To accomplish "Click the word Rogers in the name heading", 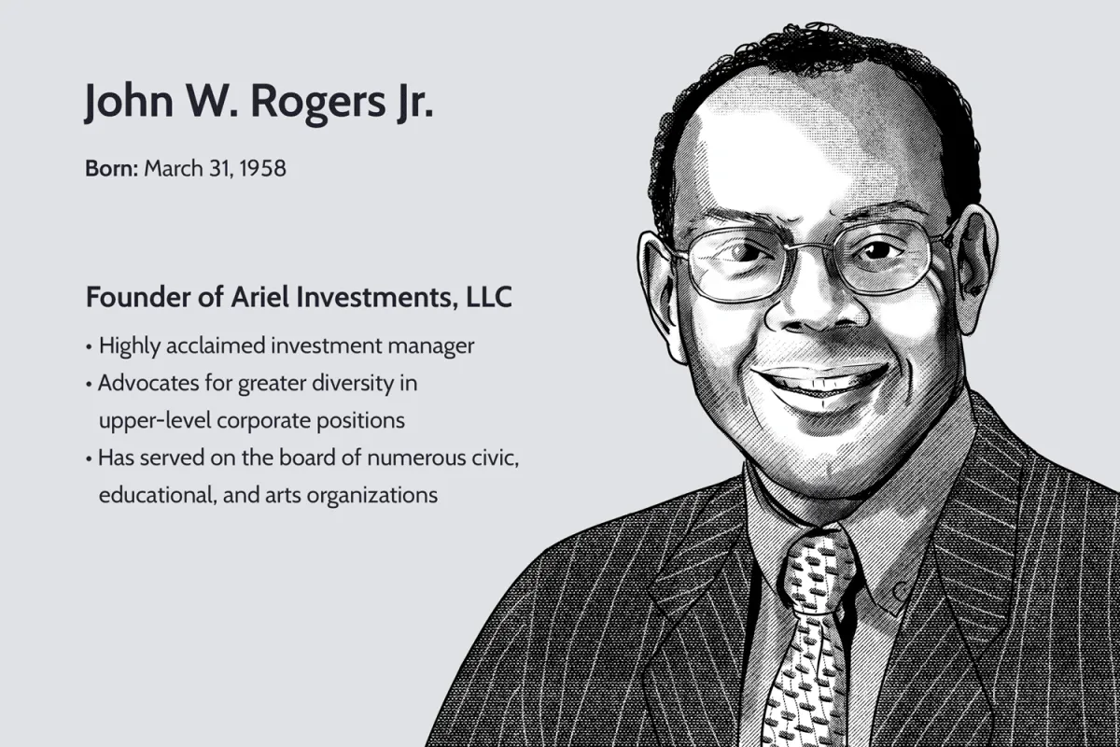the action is (x=318, y=103).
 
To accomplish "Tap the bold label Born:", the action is (x=111, y=169).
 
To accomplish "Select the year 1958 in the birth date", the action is (x=262, y=169).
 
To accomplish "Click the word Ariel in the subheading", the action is (x=260, y=297).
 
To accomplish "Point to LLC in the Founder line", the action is (x=489, y=297).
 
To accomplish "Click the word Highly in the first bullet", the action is (x=130, y=346).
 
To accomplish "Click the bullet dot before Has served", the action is (x=89, y=458).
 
